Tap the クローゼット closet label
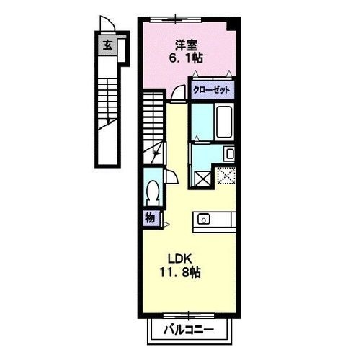[212, 91]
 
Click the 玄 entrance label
[107, 45]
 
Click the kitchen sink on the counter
[204, 219]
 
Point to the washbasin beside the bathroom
[228, 153]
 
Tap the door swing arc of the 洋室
[177, 93]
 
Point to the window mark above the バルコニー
[188, 315]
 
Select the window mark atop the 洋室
[188, 21]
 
